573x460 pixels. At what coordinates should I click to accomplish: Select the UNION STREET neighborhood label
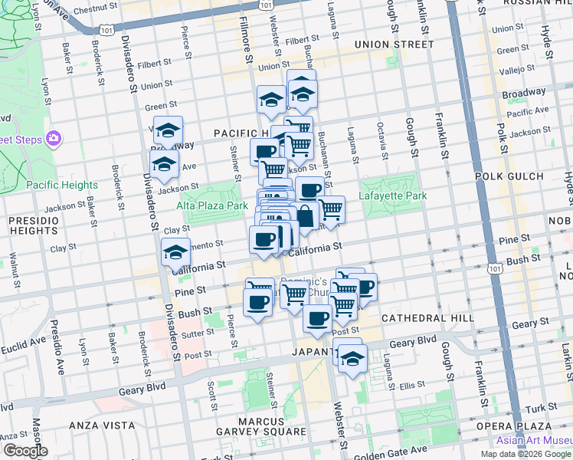(394, 44)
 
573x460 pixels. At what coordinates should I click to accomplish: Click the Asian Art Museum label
(534, 439)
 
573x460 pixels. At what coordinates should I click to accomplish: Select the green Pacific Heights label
(62, 185)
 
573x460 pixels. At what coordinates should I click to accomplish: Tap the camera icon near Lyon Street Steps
(54, 139)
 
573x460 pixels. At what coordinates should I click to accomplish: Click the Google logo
(25, 451)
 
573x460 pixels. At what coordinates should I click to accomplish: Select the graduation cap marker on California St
(175, 252)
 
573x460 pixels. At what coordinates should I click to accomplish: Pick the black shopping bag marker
(305, 216)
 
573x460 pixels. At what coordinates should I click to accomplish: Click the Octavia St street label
(380, 138)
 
